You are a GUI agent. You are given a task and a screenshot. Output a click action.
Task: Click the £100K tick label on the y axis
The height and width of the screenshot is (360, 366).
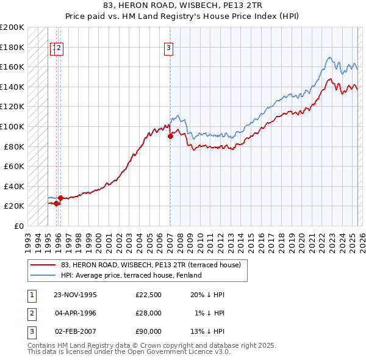(x=12, y=126)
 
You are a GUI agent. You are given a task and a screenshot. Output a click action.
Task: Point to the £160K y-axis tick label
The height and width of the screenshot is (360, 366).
(x=12, y=67)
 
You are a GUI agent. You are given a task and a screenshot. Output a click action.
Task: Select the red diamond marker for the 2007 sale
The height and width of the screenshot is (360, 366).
(x=170, y=137)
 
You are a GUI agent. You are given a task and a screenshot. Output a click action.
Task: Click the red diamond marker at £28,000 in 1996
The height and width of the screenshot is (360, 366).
(x=60, y=198)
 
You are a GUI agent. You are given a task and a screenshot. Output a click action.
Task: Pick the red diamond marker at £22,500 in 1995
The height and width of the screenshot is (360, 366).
(x=57, y=203)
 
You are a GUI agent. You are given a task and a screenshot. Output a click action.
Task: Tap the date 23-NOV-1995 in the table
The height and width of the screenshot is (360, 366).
(x=76, y=295)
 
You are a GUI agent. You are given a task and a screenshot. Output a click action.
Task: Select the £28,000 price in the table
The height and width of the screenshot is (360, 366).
(x=149, y=313)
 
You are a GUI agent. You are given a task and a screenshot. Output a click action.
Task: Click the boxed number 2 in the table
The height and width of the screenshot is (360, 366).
(x=30, y=313)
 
